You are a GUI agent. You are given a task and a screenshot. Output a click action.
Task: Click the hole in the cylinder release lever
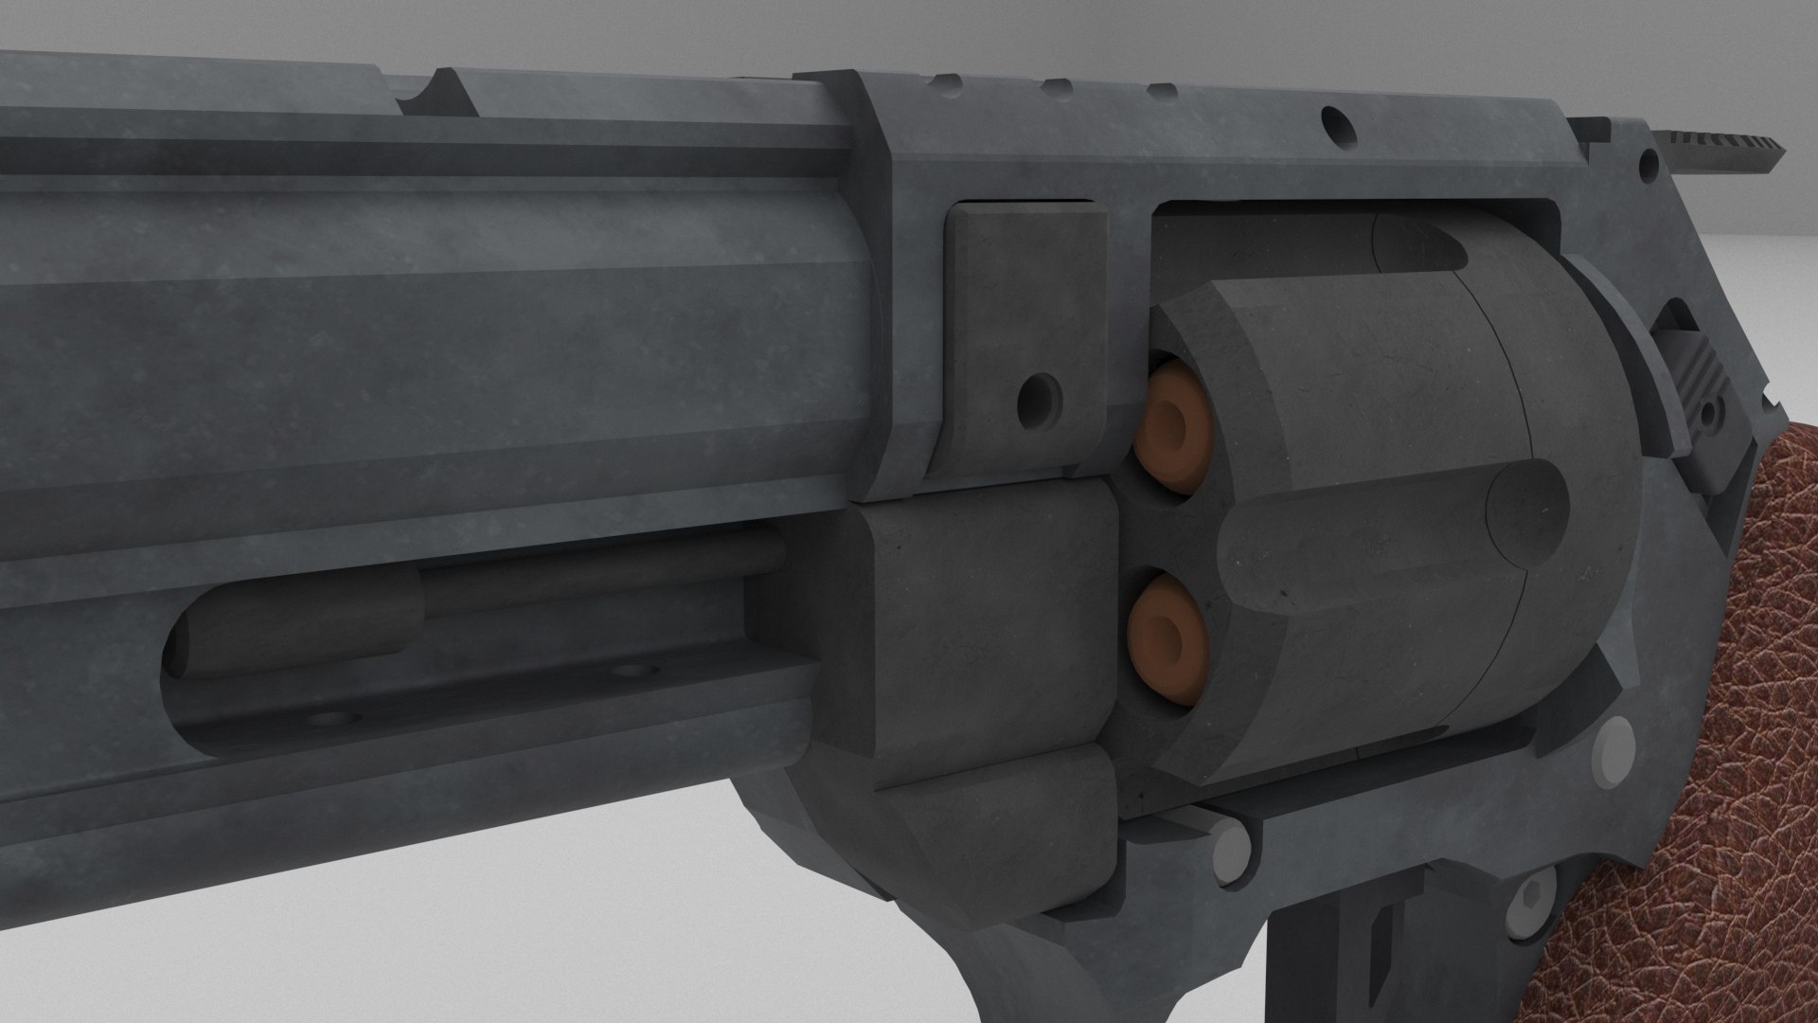point(1712,414)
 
